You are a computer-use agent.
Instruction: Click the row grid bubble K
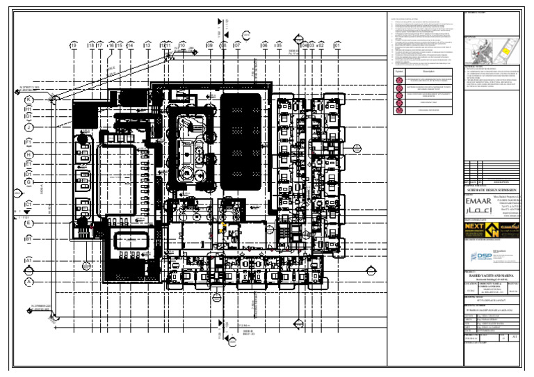click(29, 100)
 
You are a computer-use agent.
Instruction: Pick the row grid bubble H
click(29, 155)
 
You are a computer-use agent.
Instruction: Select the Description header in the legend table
click(428, 71)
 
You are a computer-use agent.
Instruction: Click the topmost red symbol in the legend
click(399, 81)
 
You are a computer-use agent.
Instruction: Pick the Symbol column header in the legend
click(399, 71)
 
